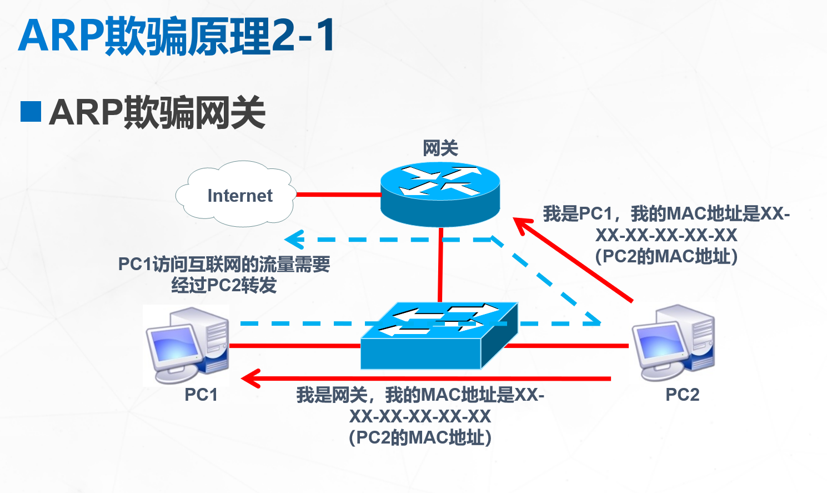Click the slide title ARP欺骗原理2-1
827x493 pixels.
[x=177, y=36]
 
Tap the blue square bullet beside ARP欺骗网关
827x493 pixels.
[x=31, y=111]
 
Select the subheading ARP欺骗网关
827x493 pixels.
[x=157, y=112]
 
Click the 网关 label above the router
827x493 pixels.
[x=440, y=148]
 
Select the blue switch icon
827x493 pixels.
[x=439, y=336]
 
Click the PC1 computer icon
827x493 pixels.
[x=187, y=345]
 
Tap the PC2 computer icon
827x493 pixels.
[x=673, y=342]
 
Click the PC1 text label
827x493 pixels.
[x=201, y=395]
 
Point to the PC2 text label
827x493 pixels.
[x=682, y=395]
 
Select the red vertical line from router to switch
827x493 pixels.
[x=440, y=264]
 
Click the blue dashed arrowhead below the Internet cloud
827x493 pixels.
[x=292, y=240]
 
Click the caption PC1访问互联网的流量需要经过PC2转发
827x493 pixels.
[x=224, y=275]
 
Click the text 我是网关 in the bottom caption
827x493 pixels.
[x=332, y=395]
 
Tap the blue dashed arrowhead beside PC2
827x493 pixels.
[x=594, y=321]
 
